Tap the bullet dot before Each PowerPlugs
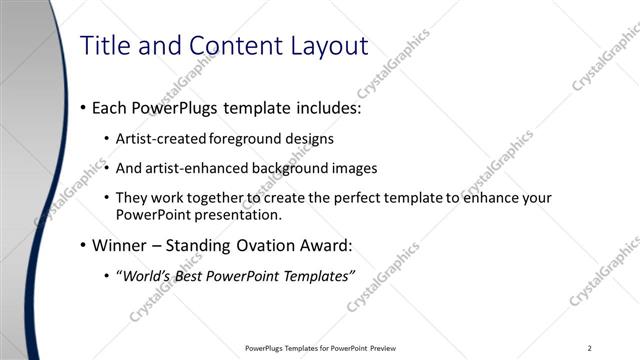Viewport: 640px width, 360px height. (81, 108)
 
